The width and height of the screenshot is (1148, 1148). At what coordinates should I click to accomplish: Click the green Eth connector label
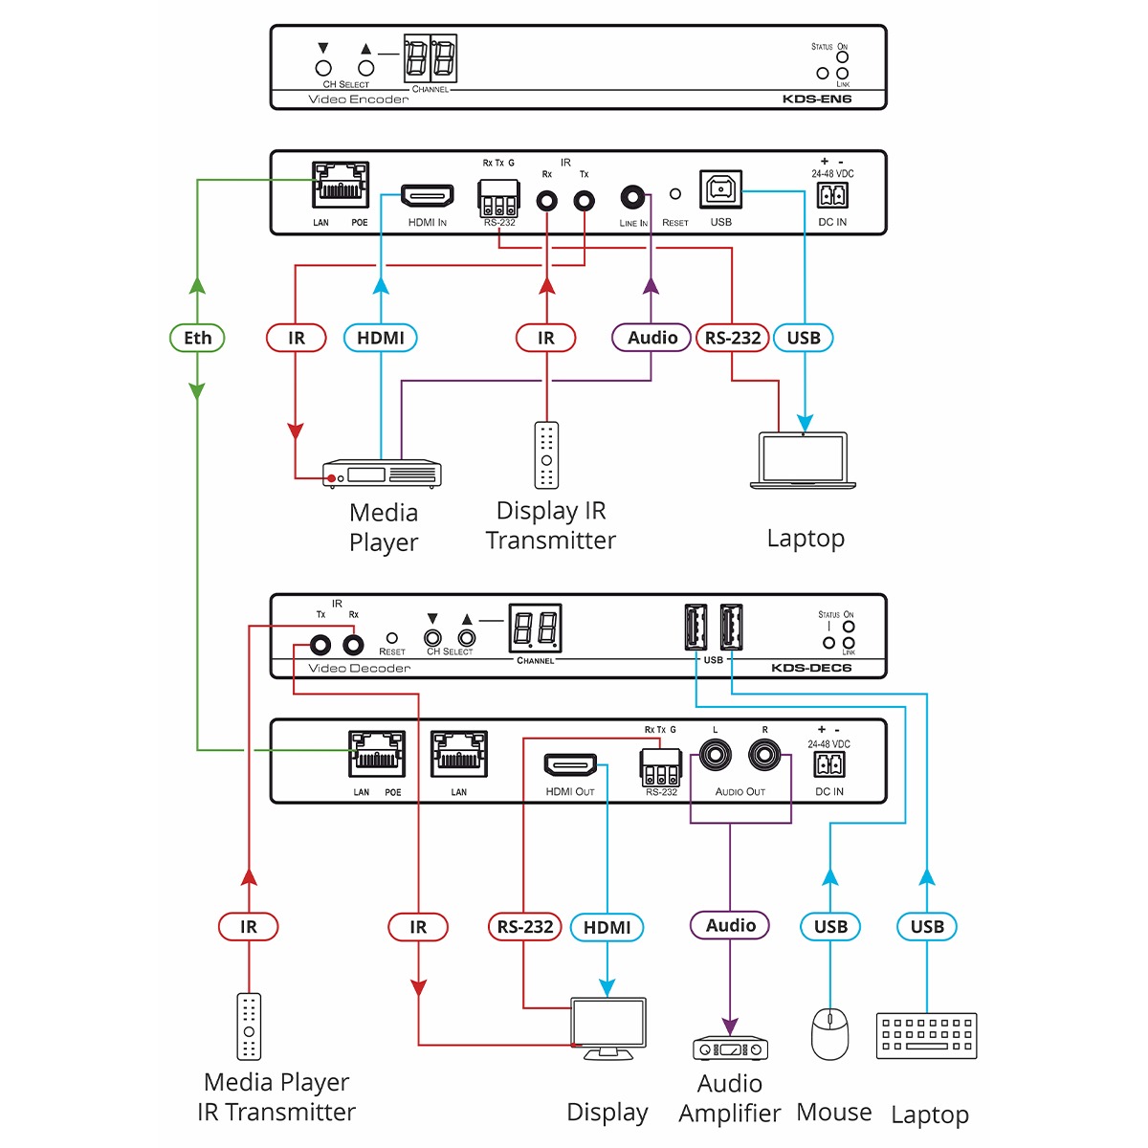click(x=197, y=338)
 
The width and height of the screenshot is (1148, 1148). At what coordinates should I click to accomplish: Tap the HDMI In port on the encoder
click(x=427, y=196)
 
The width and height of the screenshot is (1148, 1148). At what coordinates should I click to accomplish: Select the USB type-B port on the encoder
click(x=718, y=191)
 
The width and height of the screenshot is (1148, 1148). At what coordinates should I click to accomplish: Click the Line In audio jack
click(x=631, y=198)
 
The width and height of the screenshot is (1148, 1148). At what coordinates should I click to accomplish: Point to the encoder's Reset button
click(x=675, y=194)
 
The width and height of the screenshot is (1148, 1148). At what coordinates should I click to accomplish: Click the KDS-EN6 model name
click(x=816, y=99)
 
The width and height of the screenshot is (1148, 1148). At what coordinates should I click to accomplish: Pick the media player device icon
click(x=383, y=474)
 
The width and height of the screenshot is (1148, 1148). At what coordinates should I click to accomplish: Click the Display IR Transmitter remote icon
click(x=546, y=455)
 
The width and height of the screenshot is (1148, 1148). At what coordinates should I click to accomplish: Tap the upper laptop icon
click(x=803, y=461)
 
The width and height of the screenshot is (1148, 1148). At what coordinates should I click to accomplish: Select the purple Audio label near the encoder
click(x=651, y=338)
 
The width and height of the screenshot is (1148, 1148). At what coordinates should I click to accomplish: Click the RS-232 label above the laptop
click(x=733, y=338)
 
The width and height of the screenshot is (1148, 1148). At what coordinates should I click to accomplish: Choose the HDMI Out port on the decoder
click(x=570, y=765)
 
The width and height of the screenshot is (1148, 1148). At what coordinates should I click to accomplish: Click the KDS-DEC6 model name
click(x=810, y=668)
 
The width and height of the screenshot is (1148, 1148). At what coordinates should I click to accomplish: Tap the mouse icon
click(x=829, y=1033)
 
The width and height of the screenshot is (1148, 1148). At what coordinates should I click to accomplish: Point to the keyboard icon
click(x=926, y=1035)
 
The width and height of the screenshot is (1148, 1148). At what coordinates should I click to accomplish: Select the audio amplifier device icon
click(x=730, y=1049)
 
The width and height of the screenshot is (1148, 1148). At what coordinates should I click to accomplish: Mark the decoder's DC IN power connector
click(x=828, y=764)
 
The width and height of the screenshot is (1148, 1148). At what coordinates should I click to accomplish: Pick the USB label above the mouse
click(x=830, y=926)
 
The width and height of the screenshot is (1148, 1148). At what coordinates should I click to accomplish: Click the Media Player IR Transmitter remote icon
click(x=249, y=1027)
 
